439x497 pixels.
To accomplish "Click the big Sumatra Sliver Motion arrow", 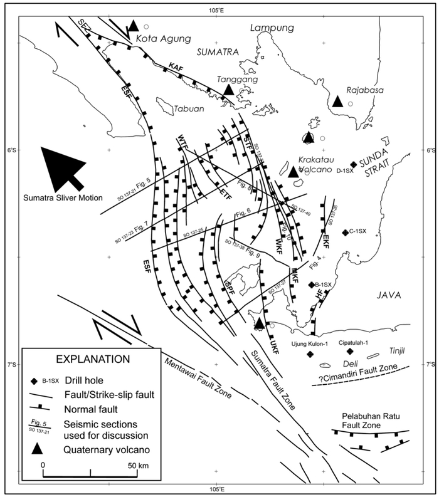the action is pos(63,166).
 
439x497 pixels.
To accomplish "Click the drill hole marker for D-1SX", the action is pos(354,164).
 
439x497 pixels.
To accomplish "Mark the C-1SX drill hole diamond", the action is pos(345,233).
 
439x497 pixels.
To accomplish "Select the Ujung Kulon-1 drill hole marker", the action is pos(310,355).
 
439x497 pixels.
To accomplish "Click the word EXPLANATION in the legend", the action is pos(93,359).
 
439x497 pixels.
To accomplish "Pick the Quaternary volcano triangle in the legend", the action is pos(38,448).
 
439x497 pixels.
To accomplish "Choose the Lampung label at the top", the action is pos(272,28).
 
